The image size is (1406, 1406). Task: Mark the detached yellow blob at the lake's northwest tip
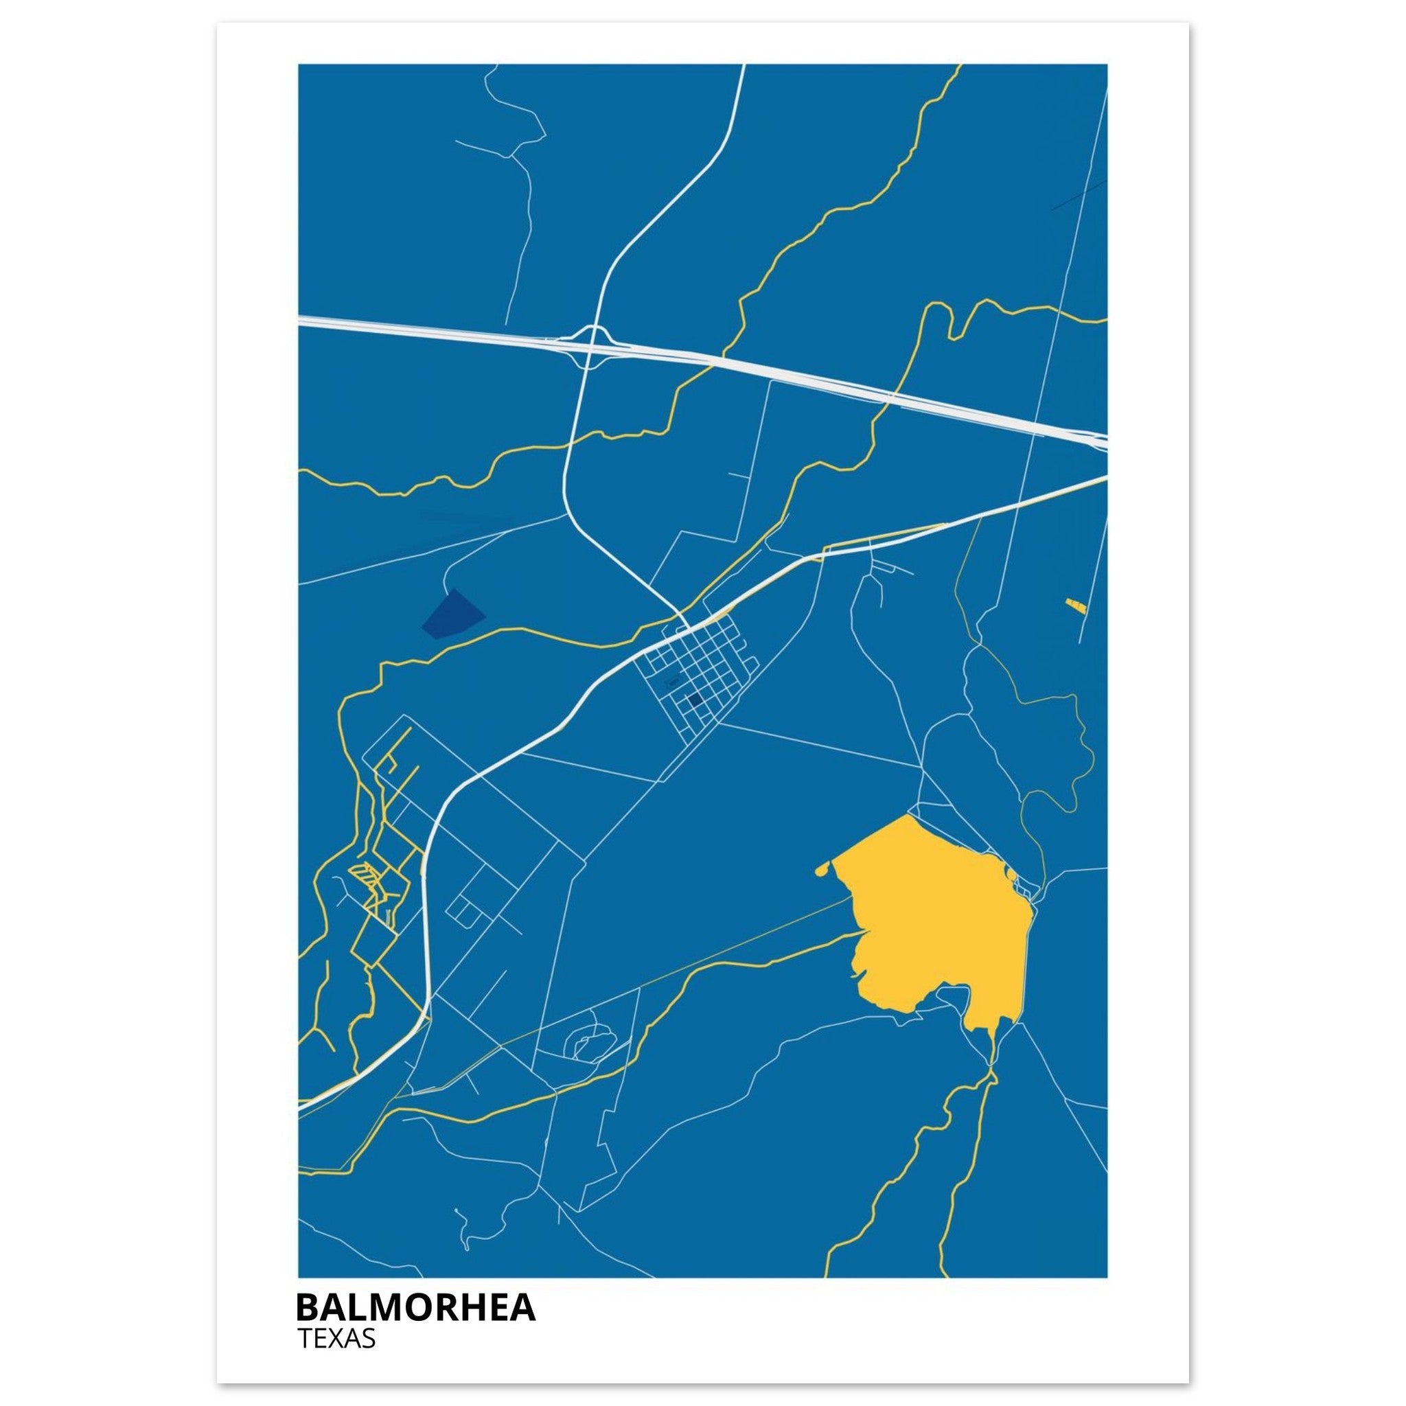click(822, 868)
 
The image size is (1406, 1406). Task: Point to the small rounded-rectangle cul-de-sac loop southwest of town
click(464, 909)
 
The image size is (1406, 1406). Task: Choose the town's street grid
click(691, 677)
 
